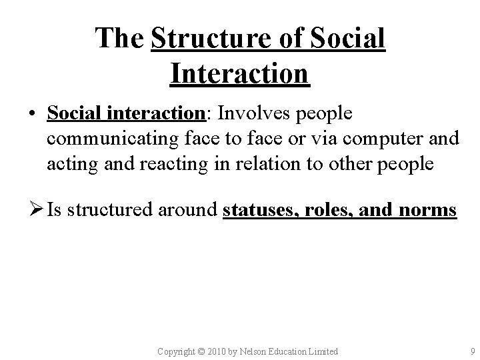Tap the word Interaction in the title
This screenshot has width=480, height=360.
239,73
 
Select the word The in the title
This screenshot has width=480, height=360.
120,39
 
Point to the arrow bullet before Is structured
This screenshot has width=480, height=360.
33,211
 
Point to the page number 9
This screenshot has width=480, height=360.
472,351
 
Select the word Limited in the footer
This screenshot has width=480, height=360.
323,351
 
